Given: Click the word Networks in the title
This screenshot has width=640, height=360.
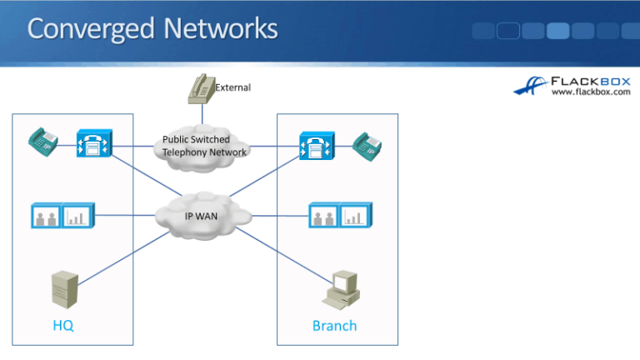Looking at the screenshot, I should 221,29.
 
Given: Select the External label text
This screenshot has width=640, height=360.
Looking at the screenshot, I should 233,87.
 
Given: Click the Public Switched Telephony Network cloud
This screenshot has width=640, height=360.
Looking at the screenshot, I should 204,146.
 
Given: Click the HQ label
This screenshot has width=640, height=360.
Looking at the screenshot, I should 63,325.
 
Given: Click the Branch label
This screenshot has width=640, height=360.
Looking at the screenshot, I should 334,325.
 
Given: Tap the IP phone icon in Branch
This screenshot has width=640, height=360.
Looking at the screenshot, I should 366,146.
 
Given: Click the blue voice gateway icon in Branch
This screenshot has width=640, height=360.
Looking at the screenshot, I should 315,147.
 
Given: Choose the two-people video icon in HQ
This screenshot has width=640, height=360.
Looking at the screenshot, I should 46,217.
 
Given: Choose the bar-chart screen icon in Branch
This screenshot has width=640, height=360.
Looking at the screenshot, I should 357,216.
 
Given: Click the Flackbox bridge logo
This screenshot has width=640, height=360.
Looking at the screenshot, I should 530,86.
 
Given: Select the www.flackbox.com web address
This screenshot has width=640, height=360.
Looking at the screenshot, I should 591,92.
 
